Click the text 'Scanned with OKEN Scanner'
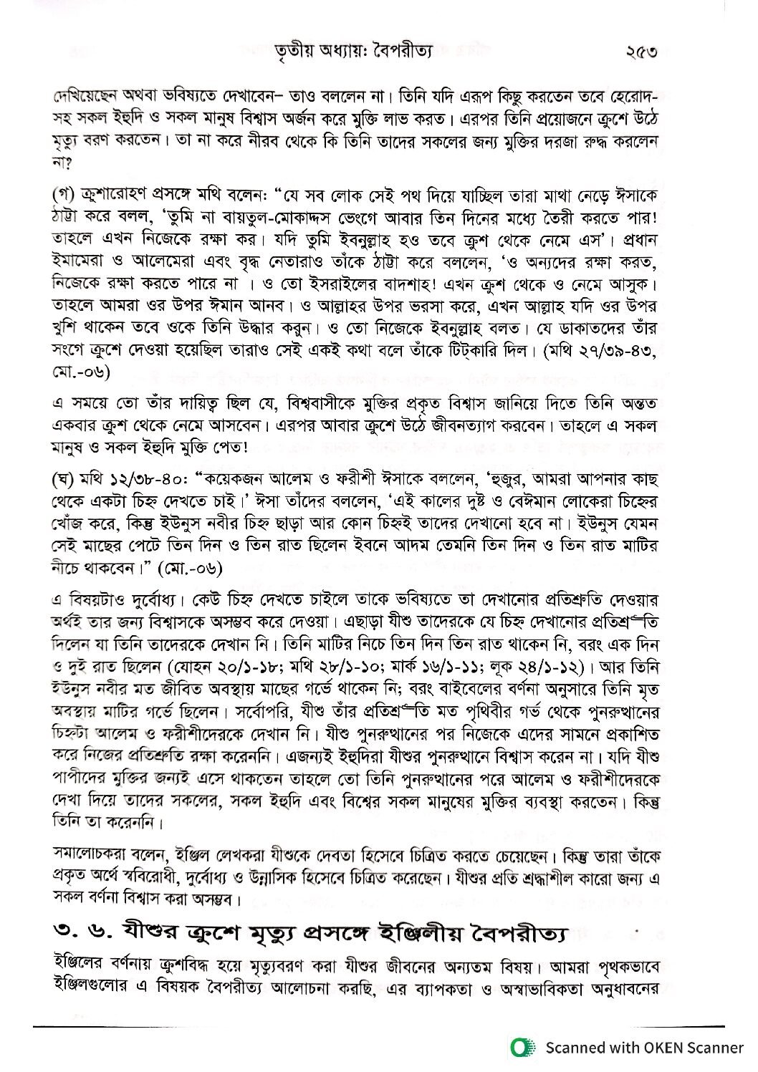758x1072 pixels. click(x=644, y=1048)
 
